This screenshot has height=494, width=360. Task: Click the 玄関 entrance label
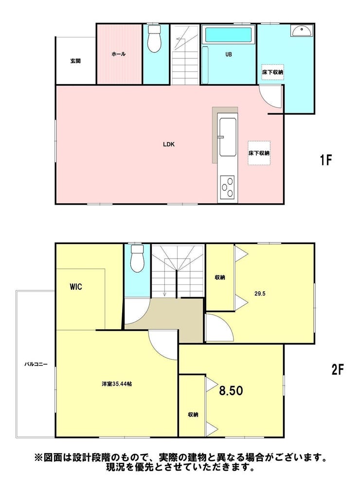click(75, 61)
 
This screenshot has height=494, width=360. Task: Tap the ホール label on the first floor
click(119, 54)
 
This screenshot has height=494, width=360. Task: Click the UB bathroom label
click(229, 54)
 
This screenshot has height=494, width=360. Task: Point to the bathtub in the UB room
click(229, 35)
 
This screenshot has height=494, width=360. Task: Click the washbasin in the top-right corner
click(302, 31)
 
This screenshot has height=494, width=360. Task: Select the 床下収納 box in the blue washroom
click(272, 72)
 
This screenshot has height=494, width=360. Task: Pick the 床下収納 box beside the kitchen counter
click(259, 153)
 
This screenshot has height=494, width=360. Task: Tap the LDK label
click(169, 144)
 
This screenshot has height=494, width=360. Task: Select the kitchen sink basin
click(228, 137)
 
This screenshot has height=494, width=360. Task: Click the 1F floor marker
click(325, 160)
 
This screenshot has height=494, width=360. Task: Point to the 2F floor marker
click(337, 369)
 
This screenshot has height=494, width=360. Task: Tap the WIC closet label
click(76, 287)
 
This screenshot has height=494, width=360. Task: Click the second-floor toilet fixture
click(137, 258)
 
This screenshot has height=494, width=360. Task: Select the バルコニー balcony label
click(36, 365)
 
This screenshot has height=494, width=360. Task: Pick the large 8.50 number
click(231, 391)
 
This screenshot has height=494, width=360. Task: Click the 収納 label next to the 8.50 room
click(193, 415)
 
